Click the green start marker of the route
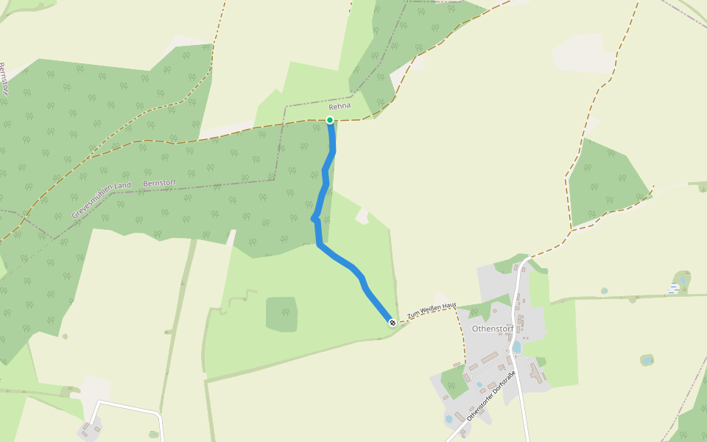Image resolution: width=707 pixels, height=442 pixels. point(330,120)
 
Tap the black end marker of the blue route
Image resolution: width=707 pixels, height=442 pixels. point(393,322)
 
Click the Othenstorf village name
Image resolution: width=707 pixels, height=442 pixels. point(492,329)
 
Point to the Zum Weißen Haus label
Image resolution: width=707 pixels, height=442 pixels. point(432,310)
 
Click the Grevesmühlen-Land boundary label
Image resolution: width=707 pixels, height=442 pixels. point(101,199)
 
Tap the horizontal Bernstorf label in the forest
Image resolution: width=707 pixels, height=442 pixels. point(160,182)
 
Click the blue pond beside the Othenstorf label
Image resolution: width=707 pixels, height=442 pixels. point(516,346)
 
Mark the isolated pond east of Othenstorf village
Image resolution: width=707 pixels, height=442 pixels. point(647,360)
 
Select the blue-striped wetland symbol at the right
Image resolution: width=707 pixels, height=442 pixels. point(673,287)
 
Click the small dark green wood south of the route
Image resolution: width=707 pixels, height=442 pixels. point(281,314)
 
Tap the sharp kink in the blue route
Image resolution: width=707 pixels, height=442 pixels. point(314,218)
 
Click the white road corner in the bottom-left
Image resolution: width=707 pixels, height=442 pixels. point(100,403)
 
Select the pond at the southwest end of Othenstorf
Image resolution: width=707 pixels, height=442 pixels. point(449,418)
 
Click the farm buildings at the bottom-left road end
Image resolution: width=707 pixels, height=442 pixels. point(90,428)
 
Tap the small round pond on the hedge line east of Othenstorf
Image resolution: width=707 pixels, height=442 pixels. point(604,291)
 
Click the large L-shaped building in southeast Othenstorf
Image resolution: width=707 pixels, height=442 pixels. point(535,372)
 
